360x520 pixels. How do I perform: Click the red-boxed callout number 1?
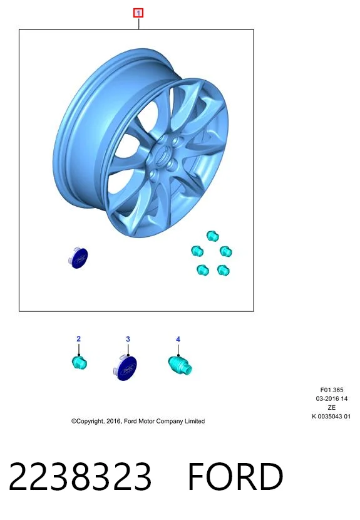click(x=138, y=13)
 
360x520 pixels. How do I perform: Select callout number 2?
click(x=78, y=338)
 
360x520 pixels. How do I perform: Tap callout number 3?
click(x=128, y=339)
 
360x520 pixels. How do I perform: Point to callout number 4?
click(x=178, y=340)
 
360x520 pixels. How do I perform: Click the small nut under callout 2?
click(x=80, y=362)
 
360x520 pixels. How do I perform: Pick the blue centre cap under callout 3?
click(x=125, y=368)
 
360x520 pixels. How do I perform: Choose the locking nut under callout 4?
click(x=180, y=365)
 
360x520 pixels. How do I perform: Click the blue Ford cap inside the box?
click(x=78, y=258)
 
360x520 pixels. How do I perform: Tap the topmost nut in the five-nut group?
click(x=212, y=236)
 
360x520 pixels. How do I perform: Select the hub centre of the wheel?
click(x=162, y=155)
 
